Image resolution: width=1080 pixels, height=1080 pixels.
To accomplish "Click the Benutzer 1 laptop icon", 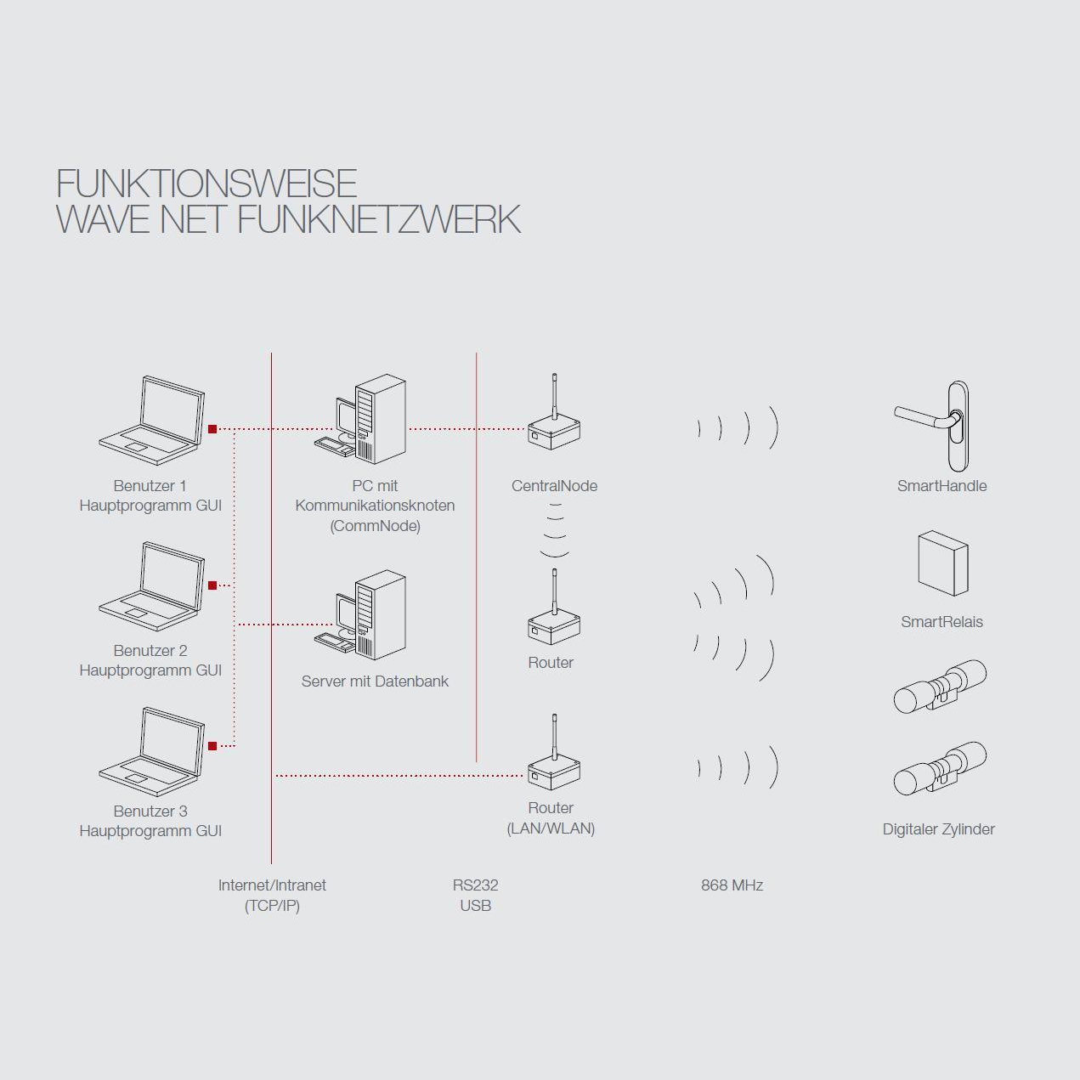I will click(x=153, y=420).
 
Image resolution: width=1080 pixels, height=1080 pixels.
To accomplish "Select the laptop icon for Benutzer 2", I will click(x=153, y=585).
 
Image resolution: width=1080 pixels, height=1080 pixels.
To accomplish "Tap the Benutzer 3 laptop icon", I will click(x=153, y=751).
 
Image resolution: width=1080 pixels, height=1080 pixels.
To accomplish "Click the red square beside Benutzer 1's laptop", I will click(x=212, y=429).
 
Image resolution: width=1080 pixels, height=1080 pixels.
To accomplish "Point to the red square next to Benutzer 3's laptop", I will click(x=212, y=746).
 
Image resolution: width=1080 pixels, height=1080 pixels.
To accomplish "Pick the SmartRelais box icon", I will click(x=942, y=563).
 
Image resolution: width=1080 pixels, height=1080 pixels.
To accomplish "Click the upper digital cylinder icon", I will click(x=940, y=687).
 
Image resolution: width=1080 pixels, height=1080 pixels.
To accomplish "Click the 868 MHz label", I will click(x=732, y=885).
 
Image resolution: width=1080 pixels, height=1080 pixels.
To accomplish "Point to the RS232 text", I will click(x=475, y=885).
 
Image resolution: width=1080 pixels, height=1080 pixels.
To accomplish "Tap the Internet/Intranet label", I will click(x=272, y=885).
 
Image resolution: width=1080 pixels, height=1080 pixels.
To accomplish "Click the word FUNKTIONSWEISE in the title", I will click(x=206, y=184).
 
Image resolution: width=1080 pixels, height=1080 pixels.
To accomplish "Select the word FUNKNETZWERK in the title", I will click(x=378, y=219).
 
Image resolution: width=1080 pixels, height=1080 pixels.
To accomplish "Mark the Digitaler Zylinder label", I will click(x=938, y=829).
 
